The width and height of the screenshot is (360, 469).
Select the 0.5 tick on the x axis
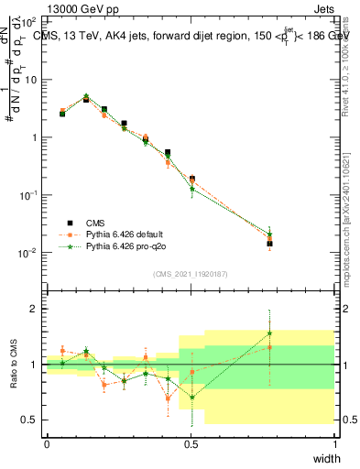pyautogui.click(x=191, y=444)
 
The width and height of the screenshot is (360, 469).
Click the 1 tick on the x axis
pyautogui.click(x=335, y=444)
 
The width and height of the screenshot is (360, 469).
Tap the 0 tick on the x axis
pyautogui.click(x=47, y=444)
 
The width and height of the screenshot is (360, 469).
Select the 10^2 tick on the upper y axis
pyautogui.click(x=31, y=21)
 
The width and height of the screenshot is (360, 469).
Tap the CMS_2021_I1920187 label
pyautogui.click(x=191, y=274)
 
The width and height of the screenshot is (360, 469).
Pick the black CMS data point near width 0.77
pyautogui.click(x=269, y=244)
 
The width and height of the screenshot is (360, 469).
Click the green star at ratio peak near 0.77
pyautogui.click(x=269, y=333)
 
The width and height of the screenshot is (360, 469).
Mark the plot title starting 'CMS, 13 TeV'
pyautogui.click(x=188, y=37)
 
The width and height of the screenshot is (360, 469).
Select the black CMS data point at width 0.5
pyautogui.click(x=191, y=179)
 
